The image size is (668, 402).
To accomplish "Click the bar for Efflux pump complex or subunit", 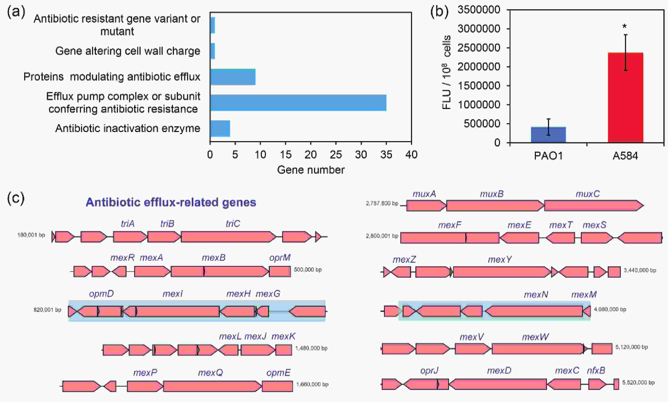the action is [298, 103].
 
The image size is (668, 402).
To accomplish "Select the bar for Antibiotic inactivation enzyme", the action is [220, 128].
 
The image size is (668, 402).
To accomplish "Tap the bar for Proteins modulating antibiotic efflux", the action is [233, 77].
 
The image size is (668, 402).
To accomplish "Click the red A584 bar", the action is [625, 97].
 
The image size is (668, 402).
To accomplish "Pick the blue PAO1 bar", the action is [548, 135].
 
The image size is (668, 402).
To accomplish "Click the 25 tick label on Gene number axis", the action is [336, 155].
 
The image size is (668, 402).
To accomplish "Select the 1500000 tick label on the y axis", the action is [479, 86].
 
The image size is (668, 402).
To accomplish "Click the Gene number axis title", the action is [311, 170].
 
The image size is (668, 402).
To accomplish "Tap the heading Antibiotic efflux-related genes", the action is [171, 202].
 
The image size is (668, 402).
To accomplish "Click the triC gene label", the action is [233, 224].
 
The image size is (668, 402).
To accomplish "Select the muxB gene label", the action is [492, 194].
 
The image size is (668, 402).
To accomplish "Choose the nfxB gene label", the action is [596, 370].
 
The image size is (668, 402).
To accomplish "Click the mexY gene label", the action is [500, 260].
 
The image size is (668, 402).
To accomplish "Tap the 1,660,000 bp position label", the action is [312, 384].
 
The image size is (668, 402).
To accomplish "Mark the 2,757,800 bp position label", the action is [382, 203].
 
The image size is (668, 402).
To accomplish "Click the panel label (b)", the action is [439, 12].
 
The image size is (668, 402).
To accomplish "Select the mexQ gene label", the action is [211, 373].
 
